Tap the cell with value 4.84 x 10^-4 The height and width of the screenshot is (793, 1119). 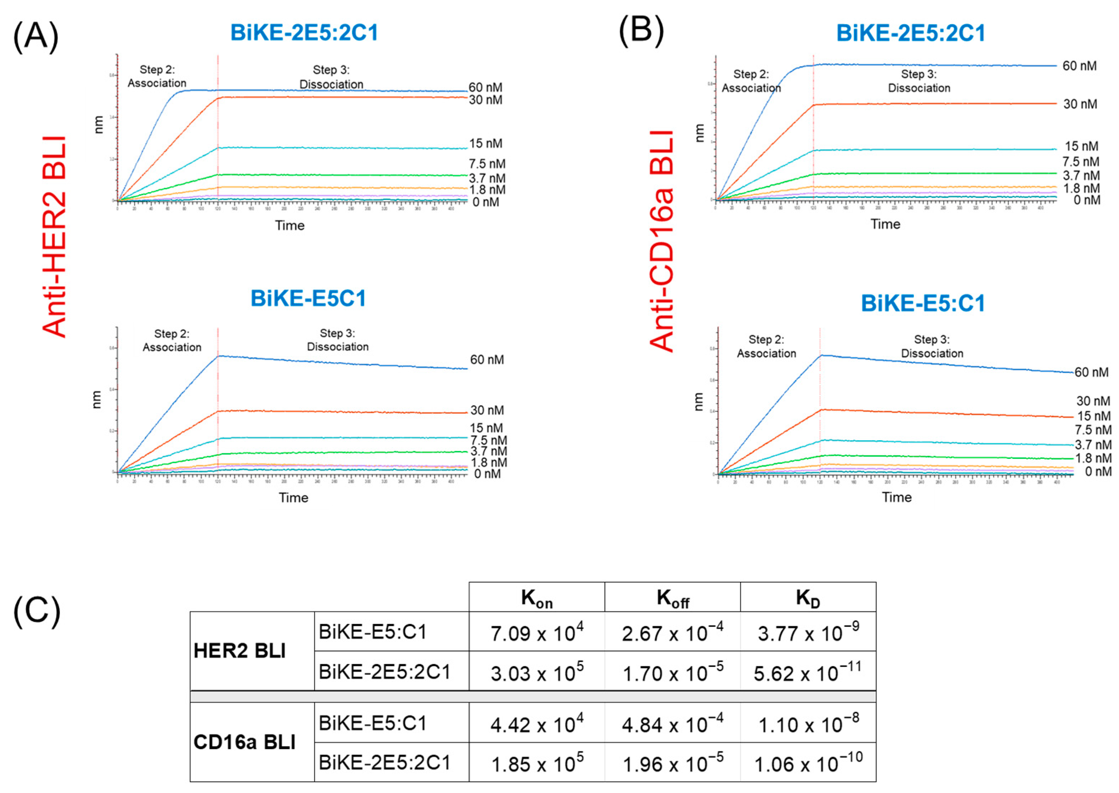(672, 724)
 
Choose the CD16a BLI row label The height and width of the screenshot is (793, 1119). (244, 742)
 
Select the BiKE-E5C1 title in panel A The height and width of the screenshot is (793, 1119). (308, 298)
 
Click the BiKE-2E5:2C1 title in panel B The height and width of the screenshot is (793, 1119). (911, 33)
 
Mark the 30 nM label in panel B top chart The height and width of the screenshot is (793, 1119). (1080, 104)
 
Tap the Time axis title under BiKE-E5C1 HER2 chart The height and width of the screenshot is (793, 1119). (293, 497)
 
